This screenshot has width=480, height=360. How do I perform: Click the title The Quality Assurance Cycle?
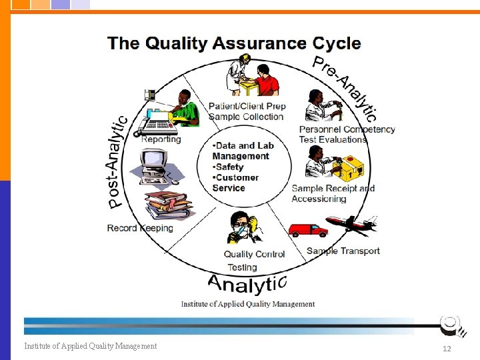point(234,44)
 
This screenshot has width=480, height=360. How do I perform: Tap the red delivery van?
point(308,230)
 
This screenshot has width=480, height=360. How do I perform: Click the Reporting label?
point(161,139)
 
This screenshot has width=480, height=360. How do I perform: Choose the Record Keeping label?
point(140,228)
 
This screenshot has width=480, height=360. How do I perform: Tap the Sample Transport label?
point(343,251)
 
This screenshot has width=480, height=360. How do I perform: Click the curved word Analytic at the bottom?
point(247,285)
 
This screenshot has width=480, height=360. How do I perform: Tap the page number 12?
point(447,349)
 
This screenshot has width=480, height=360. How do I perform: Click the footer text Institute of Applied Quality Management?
point(91,345)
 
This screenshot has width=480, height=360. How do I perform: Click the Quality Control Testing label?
point(254,261)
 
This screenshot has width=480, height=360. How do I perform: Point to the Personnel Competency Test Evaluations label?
point(347,134)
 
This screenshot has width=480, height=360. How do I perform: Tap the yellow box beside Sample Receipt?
point(351,169)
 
